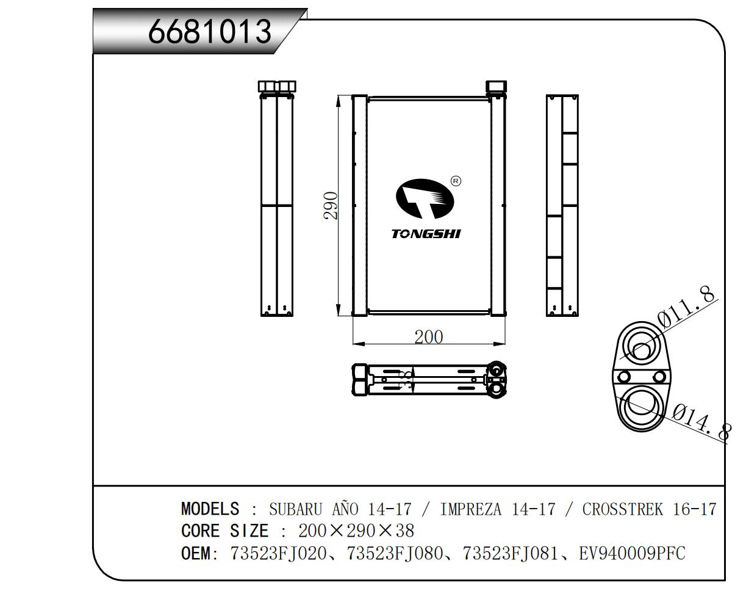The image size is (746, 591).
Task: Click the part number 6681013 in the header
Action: coord(209,31)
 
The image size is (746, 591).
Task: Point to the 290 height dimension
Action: coord(330,206)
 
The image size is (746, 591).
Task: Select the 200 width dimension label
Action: coord(428,337)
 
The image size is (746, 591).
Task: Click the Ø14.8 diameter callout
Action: coord(701,421)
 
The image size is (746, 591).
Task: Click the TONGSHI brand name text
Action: coord(426,234)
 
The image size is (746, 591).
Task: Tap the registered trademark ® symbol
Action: coord(456,181)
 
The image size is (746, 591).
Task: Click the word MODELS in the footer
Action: coord(210,509)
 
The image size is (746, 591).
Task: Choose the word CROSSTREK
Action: coord(622,509)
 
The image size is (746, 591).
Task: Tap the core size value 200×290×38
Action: coord(356,531)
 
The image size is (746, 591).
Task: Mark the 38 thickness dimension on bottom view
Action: coord(404,380)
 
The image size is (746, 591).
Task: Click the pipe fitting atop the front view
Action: coord(495,87)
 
